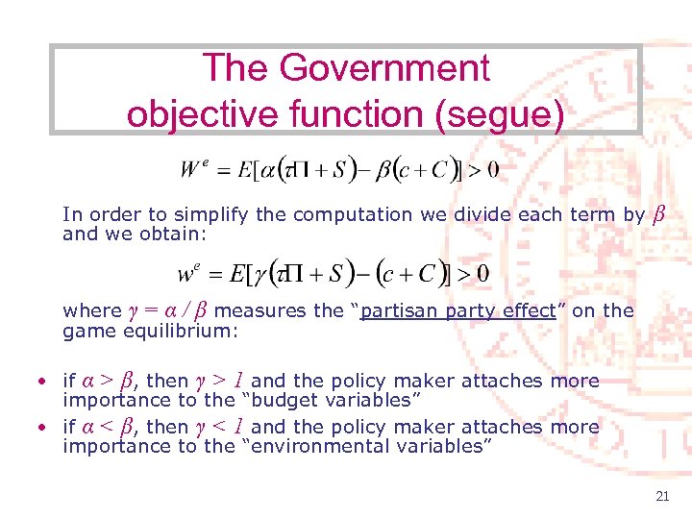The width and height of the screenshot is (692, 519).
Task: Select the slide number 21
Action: coord(661,496)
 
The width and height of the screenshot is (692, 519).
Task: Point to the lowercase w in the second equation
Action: coord(187,275)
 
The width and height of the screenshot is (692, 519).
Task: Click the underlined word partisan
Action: coord(394,310)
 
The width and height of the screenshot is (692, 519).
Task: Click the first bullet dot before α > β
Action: coord(43,383)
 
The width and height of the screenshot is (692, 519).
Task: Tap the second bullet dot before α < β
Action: coord(43,428)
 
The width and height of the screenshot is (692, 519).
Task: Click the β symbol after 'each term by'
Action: coord(658,213)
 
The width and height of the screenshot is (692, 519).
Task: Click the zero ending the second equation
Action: coord(482,275)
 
